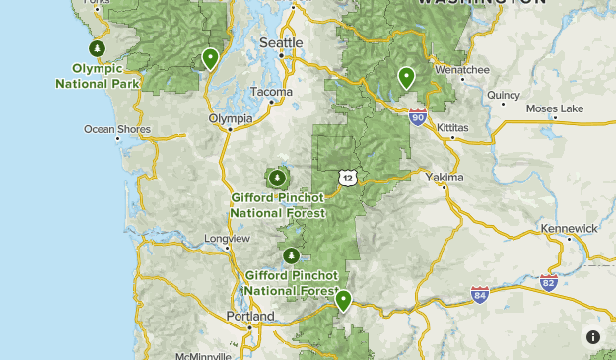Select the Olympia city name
(x=231, y=118)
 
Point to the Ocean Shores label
(x=117, y=129)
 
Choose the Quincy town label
(x=503, y=96)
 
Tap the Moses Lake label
(x=555, y=108)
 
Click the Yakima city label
(x=444, y=178)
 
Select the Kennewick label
(x=569, y=228)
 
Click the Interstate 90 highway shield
(x=417, y=117)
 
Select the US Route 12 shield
(x=346, y=178)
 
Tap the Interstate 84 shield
(x=480, y=294)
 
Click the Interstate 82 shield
(x=549, y=282)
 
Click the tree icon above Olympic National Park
(x=97, y=48)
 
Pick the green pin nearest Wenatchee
(x=406, y=77)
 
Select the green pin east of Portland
(x=343, y=300)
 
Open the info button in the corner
(x=593, y=337)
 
